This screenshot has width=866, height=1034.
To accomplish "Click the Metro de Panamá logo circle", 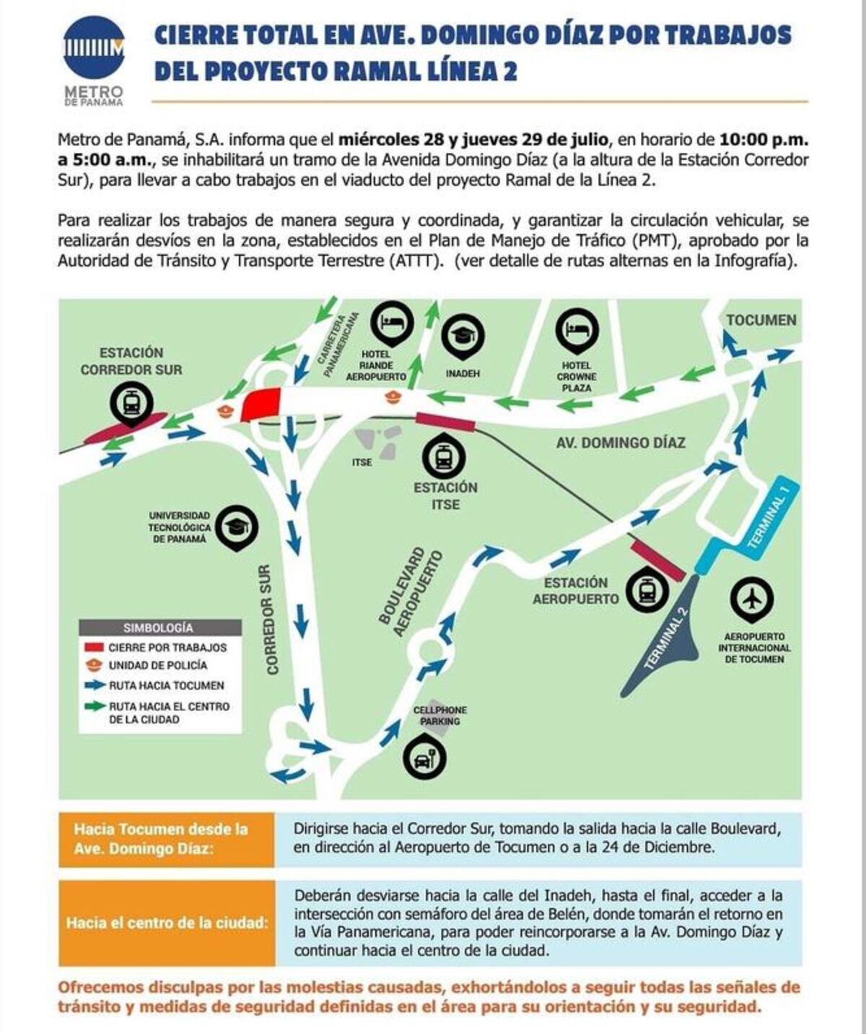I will pos(94,48).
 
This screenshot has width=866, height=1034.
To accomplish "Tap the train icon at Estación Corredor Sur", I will pos(131,402).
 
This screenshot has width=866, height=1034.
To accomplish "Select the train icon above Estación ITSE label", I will pos(444,457).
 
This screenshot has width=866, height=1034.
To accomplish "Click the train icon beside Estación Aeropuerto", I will pos(647,590).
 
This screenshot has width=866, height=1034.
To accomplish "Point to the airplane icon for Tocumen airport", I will pos(752,598).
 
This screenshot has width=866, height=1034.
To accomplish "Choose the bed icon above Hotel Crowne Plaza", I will pos(577,330).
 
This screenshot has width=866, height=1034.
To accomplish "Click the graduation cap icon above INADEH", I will pos(463,335).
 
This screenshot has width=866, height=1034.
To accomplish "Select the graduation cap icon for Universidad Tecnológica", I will pos(236,526).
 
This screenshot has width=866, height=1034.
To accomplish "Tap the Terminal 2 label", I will pos(667,638).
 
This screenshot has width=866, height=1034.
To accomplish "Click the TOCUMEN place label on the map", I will pos(761,320).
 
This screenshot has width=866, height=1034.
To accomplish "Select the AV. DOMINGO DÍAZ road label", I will pos(620,443).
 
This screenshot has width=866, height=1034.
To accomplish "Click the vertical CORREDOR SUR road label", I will pos(269,620).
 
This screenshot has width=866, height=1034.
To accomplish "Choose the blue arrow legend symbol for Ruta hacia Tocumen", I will pos(95,685).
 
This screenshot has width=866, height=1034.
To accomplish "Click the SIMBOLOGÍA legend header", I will pos(159,627).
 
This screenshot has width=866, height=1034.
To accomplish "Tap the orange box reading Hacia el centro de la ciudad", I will pos(167,923).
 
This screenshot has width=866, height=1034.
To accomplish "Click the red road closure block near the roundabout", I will pos(261,404).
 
